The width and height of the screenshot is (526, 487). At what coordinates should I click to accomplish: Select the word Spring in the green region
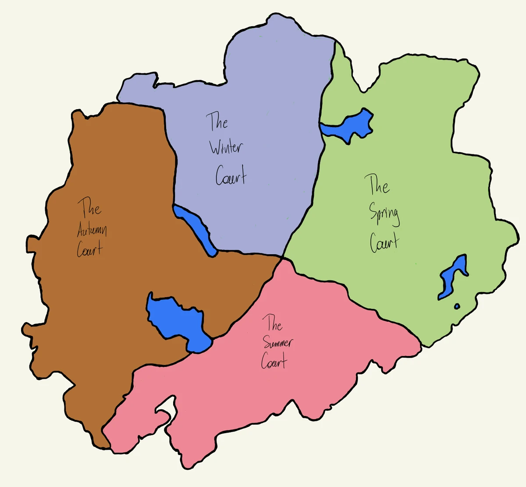tap(384, 215)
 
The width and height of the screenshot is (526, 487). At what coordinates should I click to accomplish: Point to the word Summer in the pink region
tap(278, 343)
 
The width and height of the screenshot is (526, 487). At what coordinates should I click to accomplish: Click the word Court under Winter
tap(231, 176)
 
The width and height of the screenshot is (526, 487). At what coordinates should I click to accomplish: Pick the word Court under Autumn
tap(90, 249)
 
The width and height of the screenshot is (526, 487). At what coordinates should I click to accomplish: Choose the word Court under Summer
tap(274, 362)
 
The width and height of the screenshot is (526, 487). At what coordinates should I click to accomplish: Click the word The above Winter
tap(217, 121)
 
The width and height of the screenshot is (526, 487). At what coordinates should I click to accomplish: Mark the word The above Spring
tap(379, 185)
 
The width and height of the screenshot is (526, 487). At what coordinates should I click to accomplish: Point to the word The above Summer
tap(272, 324)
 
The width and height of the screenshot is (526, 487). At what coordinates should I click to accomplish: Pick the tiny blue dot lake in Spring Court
tap(457, 306)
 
